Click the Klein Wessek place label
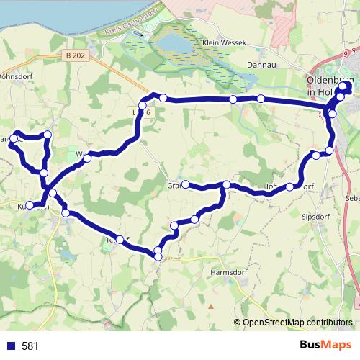coord(224,43)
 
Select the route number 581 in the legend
coord(30,346)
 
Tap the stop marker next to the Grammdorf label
coord(185,184)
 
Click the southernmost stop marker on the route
coord(158,256)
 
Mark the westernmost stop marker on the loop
coord(14,138)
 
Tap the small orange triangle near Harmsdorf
coord(212,305)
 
